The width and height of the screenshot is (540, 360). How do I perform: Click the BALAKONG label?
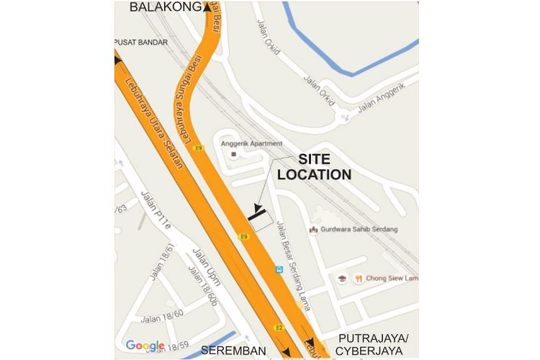[x=166, y=7]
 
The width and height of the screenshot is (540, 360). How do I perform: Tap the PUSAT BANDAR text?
[x=142, y=42]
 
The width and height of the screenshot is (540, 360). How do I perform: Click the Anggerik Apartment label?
[x=251, y=143]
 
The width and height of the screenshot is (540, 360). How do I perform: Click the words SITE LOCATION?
[x=315, y=168]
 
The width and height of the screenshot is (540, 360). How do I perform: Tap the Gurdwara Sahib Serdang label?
[x=359, y=229]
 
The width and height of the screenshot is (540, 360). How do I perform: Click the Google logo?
[x=145, y=346]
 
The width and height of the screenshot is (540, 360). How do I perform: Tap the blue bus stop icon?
[x=279, y=269]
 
